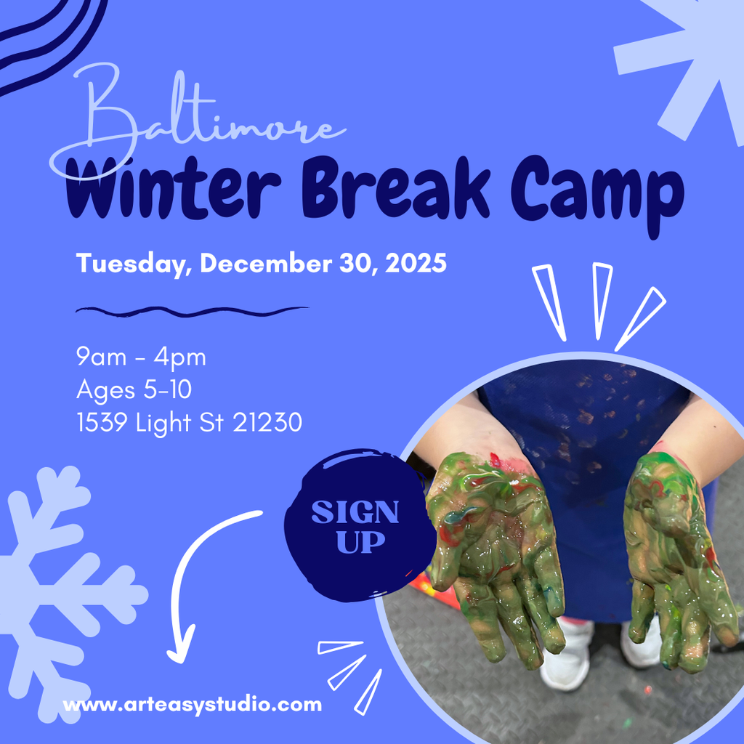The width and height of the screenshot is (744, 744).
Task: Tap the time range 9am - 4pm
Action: click(141, 357)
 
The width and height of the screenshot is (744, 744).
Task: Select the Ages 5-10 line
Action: click(134, 389)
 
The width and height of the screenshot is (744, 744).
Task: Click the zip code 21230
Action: click(267, 422)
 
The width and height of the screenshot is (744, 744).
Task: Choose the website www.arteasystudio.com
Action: click(192, 704)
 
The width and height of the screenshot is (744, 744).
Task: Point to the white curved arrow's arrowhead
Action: click(179, 650)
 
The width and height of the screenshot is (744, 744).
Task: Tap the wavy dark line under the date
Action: click(192, 311)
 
